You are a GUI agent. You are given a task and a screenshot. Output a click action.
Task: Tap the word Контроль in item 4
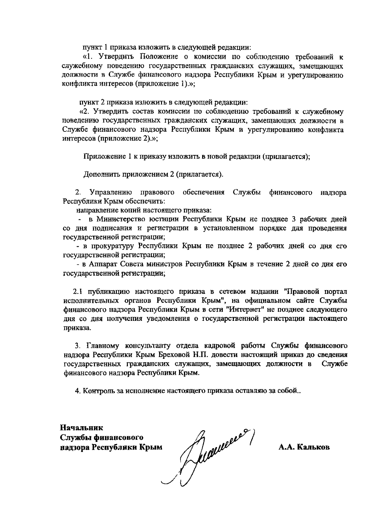(x=97, y=391)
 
